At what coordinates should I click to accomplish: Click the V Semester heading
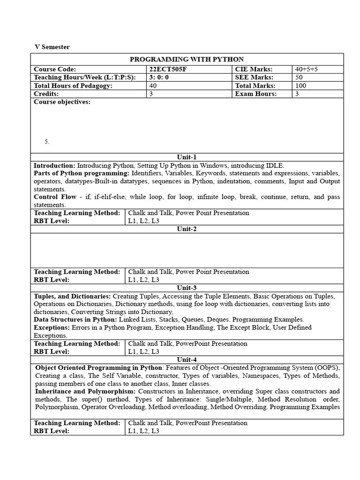[x=52, y=47]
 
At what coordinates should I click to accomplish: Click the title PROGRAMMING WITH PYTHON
[x=187, y=59]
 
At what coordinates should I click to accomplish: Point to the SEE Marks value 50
[x=299, y=77]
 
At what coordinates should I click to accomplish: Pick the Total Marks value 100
[x=300, y=86]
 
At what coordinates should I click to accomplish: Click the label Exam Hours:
[x=256, y=94]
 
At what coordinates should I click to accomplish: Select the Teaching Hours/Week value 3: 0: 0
[x=159, y=77]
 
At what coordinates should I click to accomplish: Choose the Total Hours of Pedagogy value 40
[x=153, y=86]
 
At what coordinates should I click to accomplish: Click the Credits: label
[x=46, y=94]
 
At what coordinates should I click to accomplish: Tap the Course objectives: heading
[x=62, y=102]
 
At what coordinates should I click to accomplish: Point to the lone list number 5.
[x=47, y=142]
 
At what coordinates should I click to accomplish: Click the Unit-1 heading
[x=187, y=157]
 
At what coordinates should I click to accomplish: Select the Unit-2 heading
[x=187, y=229]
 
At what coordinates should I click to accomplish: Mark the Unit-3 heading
[x=187, y=288]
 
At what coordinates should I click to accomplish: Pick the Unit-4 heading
[x=187, y=360]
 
